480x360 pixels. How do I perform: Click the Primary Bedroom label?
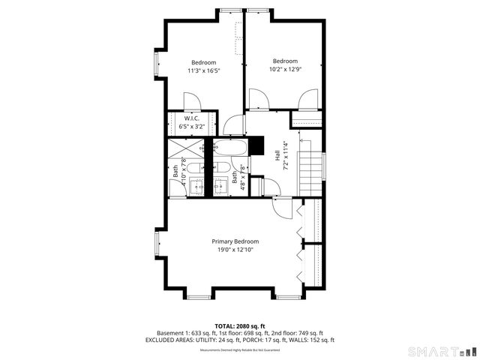point(235,241)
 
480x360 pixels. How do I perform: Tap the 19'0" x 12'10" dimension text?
point(235,250)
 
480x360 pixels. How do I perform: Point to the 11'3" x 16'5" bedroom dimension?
point(203,71)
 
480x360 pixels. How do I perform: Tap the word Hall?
point(277,157)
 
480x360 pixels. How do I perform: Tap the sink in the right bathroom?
point(222,186)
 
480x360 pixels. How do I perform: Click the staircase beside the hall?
point(310,169)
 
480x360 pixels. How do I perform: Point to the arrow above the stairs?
point(301,139)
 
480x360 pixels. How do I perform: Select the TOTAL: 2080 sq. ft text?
point(239,325)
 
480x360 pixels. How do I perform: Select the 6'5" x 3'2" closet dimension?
point(192,127)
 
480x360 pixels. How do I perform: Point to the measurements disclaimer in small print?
point(239,350)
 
